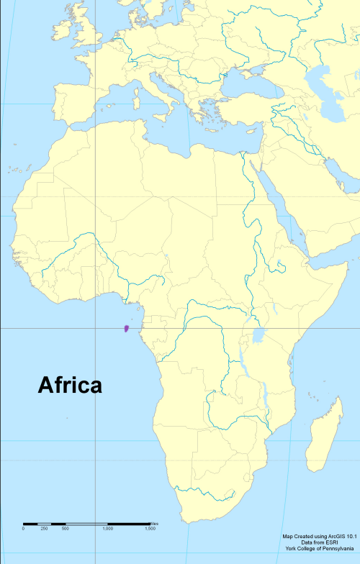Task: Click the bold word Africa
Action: coord(70,386)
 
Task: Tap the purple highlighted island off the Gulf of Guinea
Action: coord(126,329)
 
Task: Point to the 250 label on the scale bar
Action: coord(44,529)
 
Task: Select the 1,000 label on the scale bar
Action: coord(107,529)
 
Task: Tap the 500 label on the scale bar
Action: coord(65,529)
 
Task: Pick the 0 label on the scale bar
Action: coord(23,529)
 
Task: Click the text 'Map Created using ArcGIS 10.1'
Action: coord(320,537)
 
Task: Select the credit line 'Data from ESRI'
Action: coord(320,543)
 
